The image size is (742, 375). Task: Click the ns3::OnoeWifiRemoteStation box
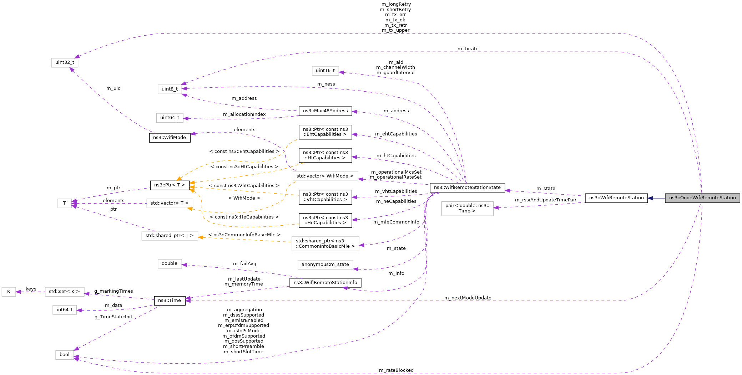click(x=702, y=198)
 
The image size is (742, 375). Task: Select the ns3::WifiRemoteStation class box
click(x=616, y=198)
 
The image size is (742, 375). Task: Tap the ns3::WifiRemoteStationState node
click(x=467, y=187)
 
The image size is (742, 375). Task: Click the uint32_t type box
click(x=65, y=62)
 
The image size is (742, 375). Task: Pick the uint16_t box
click(x=325, y=71)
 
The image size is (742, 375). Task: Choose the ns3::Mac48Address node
click(x=325, y=111)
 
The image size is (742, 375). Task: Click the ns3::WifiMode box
click(x=170, y=138)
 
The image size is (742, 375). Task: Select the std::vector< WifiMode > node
click(x=325, y=176)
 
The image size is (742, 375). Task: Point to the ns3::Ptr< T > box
click(x=170, y=185)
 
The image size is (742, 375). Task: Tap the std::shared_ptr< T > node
click(x=170, y=236)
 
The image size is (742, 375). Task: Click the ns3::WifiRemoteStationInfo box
click(x=325, y=283)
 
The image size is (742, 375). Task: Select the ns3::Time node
click(x=170, y=300)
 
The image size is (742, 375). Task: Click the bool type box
click(x=65, y=355)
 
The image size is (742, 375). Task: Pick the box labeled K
click(x=9, y=292)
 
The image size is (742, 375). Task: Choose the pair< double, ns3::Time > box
click(x=467, y=208)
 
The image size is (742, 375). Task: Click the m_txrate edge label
click(x=468, y=49)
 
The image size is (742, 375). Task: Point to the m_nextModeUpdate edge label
click(x=468, y=298)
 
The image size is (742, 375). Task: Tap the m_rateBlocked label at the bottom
click(x=396, y=370)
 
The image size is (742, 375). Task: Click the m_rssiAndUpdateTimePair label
click(x=545, y=200)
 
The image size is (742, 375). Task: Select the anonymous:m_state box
click(x=325, y=264)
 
